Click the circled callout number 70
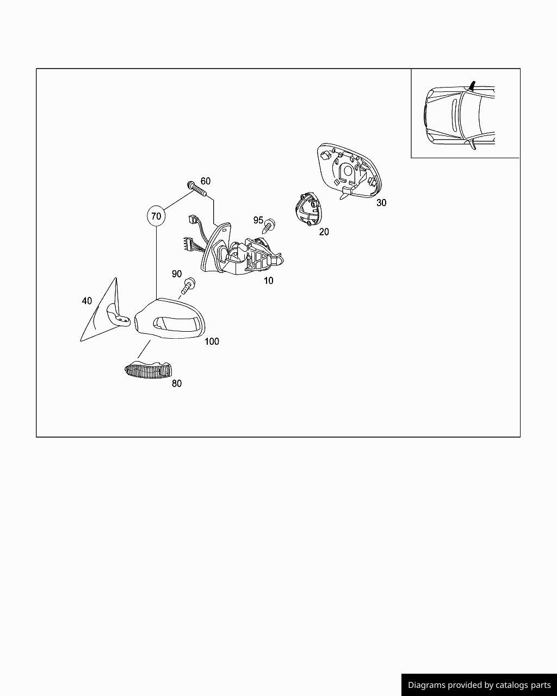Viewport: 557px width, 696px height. coord(156,216)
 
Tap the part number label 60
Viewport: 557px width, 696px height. coord(205,181)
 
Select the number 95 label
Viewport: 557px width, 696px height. coord(258,220)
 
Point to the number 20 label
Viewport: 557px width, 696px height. coord(324,232)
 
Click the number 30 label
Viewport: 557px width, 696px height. coord(381,202)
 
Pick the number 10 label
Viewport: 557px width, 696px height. coord(268,281)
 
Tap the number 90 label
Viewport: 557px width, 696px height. coord(177,274)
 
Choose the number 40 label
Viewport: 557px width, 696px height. coord(87,301)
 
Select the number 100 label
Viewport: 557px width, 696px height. coord(212,341)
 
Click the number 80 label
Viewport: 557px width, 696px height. coord(177,383)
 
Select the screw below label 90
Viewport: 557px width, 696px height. coord(188,285)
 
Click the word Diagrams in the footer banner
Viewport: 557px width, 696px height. coord(426,685)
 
